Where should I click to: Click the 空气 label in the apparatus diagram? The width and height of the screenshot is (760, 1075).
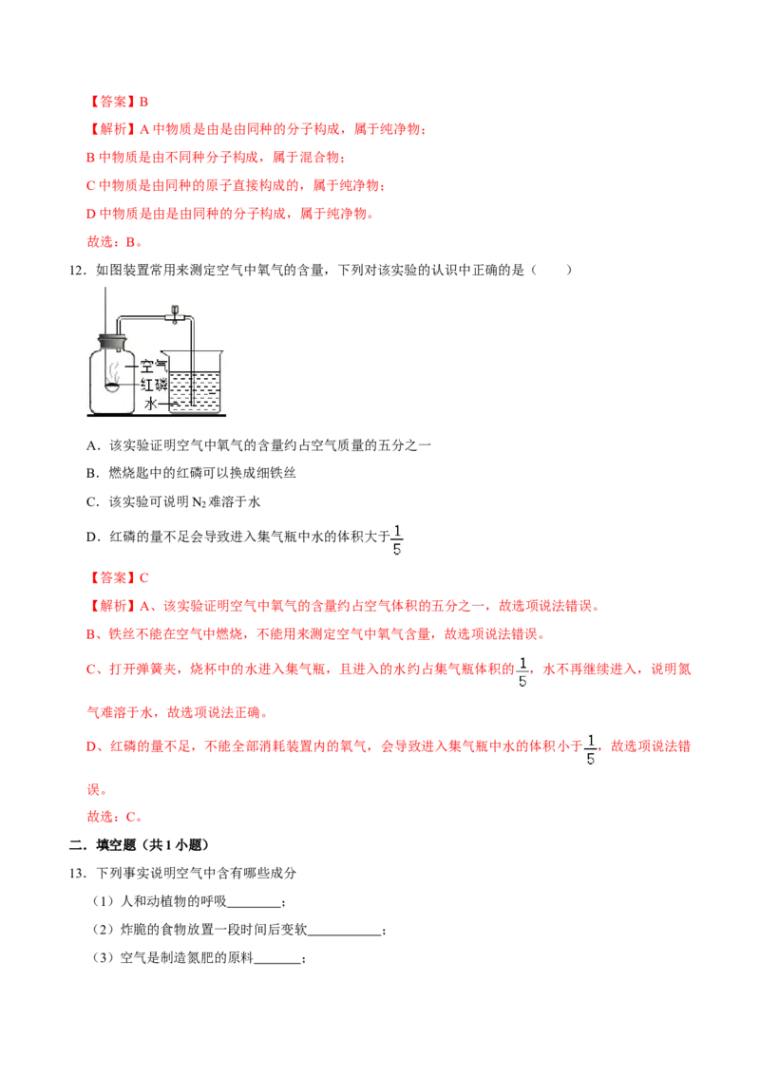[x=153, y=367]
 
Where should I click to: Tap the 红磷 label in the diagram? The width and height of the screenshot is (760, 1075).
[x=153, y=385]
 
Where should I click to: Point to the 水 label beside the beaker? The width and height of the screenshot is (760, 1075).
[x=151, y=404]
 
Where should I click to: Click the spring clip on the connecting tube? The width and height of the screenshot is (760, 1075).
[x=175, y=314]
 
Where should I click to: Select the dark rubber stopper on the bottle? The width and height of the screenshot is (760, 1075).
[x=112, y=342]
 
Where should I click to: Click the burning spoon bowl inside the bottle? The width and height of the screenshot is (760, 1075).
[x=112, y=387]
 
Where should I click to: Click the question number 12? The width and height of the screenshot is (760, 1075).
[x=77, y=270]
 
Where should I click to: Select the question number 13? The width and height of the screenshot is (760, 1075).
[x=77, y=873]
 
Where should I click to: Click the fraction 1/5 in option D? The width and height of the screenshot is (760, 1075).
[x=396, y=539]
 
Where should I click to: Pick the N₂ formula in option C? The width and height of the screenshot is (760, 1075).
[x=199, y=502]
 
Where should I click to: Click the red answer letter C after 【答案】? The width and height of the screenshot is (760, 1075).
[x=144, y=578]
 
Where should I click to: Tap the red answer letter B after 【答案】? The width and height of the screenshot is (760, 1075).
[x=144, y=103]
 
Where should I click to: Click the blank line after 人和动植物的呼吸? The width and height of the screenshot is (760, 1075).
[x=254, y=906]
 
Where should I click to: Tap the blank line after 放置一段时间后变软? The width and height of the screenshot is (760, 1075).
[x=344, y=934]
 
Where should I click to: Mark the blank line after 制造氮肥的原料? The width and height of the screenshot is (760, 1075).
[x=277, y=963]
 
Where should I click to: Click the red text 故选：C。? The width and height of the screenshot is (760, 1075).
[x=115, y=817]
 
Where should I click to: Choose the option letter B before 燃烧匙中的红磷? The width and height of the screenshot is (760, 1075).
[x=91, y=473]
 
